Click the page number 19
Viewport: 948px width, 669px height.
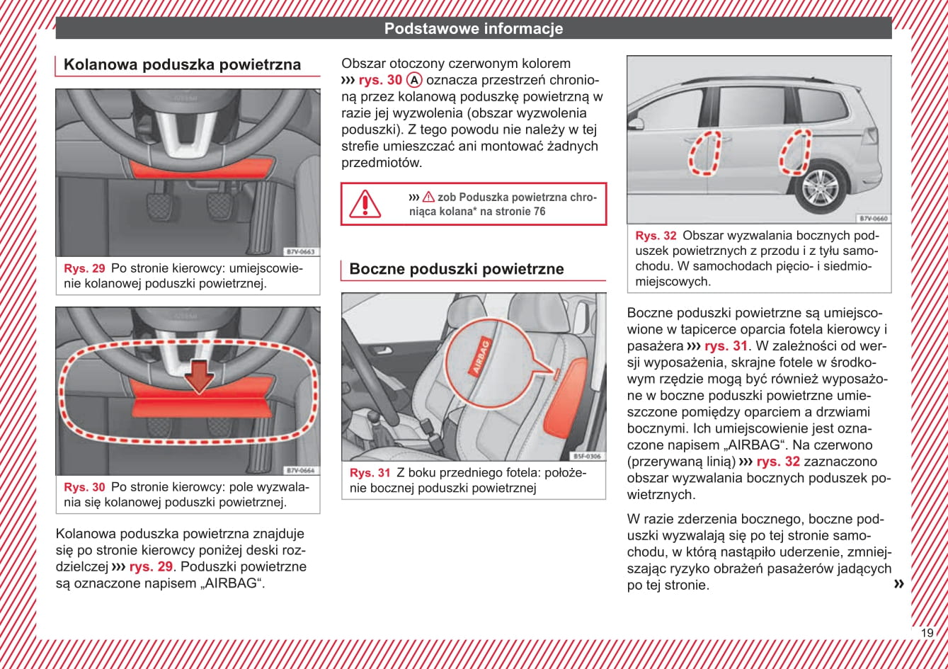point(927,633)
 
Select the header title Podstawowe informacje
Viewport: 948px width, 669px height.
point(473,29)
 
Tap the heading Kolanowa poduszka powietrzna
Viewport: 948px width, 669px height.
point(182,65)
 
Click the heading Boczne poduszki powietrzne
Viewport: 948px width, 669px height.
point(456,269)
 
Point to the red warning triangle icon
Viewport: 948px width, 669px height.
point(365,203)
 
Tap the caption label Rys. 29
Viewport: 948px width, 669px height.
point(84,269)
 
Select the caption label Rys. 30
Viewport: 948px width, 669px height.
point(84,488)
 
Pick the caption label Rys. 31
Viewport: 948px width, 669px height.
point(370,473)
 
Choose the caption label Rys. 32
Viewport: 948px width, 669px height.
point(656,236)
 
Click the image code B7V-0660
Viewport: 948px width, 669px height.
point(873,219)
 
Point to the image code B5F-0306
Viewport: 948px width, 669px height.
point(587,457)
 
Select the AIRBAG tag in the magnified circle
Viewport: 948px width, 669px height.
point(480,357)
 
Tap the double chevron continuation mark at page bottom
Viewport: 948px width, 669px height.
point(899,583)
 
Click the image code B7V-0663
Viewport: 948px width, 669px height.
point(301,252)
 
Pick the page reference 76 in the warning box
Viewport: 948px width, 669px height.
point(539,212)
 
